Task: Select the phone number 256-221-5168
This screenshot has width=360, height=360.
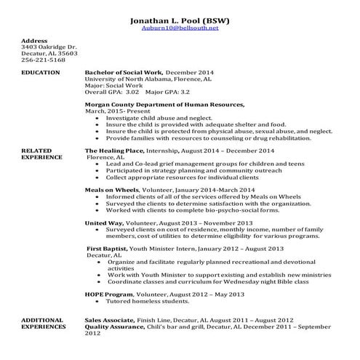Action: point(43,60)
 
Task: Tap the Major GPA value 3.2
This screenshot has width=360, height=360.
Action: point(185,93)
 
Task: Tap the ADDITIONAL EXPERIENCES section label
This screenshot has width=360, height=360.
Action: point(44,323)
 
